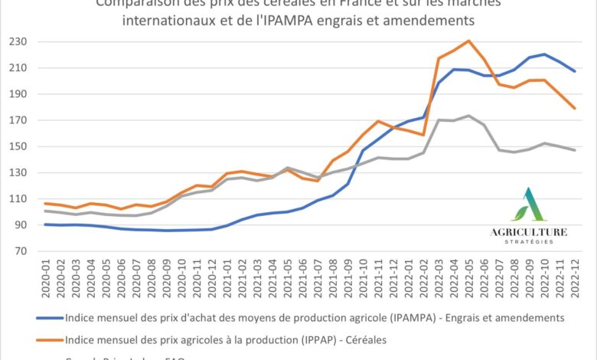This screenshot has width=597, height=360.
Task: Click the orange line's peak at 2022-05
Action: [x=468, y=41]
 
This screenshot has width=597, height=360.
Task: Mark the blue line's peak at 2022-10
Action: [x=543, y=54]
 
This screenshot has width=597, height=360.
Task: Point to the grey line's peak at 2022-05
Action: [x=468, y=116]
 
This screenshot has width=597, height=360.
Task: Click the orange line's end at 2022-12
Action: [x=574, y=108]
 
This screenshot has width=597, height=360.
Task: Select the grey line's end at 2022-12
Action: [x=574, y=150]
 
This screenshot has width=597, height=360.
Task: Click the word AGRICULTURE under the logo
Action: [x=530, y=231]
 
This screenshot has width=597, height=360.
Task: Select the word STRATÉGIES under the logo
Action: [x=530, y=243]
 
